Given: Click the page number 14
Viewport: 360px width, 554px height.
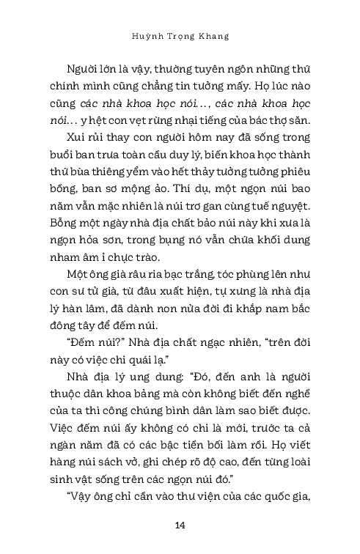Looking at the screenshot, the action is coord(180,525).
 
